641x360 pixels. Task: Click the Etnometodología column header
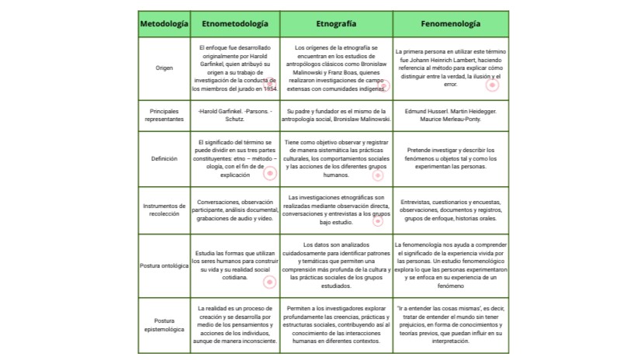[x=235, y=24]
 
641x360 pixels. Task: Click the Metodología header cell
[x=164, y=24]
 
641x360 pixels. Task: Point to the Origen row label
[x=164, y=68]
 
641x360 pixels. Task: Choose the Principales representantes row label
[x=164, y=116]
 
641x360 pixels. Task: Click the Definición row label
[x=164, y=158]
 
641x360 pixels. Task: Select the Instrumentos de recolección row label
[x=164, y=209]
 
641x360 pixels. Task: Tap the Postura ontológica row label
[x=164, y=265]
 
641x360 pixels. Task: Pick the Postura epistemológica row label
[x=164, y=325]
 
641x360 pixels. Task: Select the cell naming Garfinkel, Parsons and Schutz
[x=235, y=116]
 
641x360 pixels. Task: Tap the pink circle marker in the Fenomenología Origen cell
[x=492, y=85]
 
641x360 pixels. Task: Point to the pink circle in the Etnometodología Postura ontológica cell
[x=269, y=282]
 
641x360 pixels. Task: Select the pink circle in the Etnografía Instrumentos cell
[x=378, y=220]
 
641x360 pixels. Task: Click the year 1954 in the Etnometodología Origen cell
[x=270, y=88]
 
